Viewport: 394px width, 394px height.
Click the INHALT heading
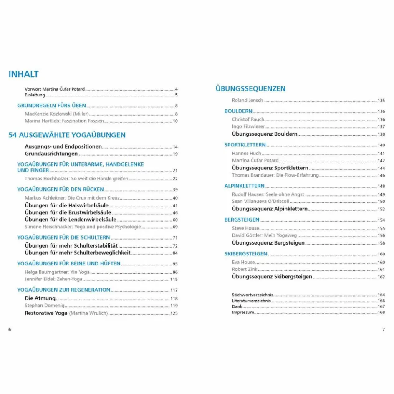pyautogui.click(x=23, y=74)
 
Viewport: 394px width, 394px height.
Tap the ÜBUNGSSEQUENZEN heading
pyautogui.click(x=250, y=88)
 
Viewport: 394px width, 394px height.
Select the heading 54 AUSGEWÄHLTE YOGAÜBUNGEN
pyautogui.click(x=67, y=135)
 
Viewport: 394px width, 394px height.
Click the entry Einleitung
pyautogui.click(x=35, y=95)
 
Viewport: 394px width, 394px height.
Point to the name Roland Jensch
pyautogui.click(x=248, y=100)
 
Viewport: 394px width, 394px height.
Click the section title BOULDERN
pyautogui.click(x=238, y=111)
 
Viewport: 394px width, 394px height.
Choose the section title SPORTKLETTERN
pyautogui.click(x=245, y=145)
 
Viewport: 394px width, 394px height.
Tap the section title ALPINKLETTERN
pyautogui.click(x=244, y=186)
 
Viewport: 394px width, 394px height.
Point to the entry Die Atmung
pyautogui.click(x=40, y=298)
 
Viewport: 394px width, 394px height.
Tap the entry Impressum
pyautogui.click(x=243, y=312)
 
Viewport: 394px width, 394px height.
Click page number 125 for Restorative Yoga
pyautogui.click(x=174, y=313)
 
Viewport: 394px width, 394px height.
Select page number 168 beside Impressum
pyautogui.click(x=381, y=312)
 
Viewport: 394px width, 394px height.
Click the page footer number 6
pyautogui.click(x=10, y=329)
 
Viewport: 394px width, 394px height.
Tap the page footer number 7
pyautogui.click(x=384, y=329)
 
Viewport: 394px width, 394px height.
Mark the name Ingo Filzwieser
pyautogui.click(x=248, y=126)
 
